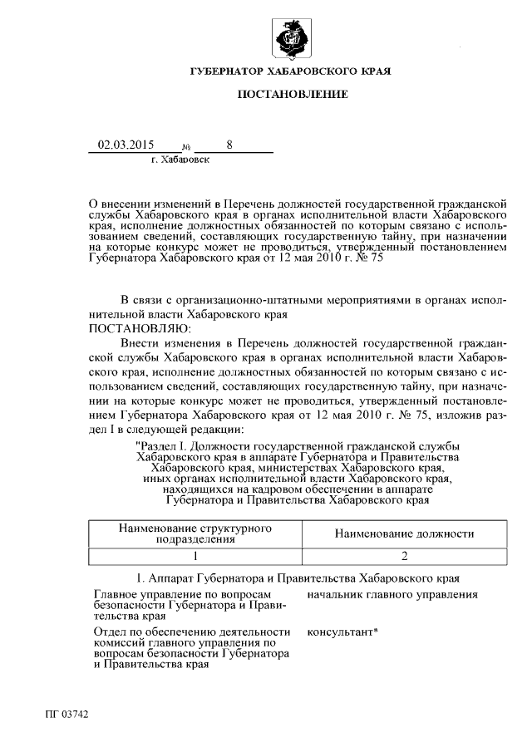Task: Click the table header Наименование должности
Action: click(404, 533)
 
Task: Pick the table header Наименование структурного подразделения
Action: click(195, 533)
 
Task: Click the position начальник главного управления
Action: click(392, 595)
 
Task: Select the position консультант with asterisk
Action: click(343, 632)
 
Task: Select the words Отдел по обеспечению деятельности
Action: click(193, 632)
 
